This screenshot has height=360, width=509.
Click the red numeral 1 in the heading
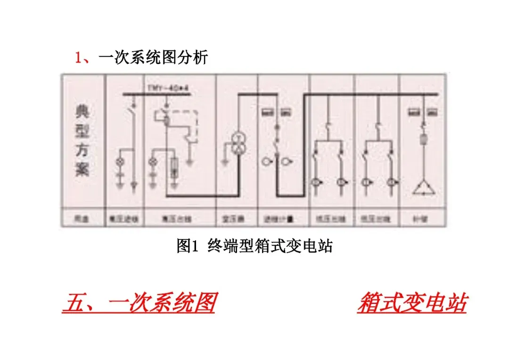(x=78, y=57)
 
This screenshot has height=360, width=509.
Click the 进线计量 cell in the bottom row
(x=283, y=219)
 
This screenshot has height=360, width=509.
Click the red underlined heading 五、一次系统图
(x=140, y=303)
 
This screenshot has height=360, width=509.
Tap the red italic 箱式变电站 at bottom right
(x=412, y=303)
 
